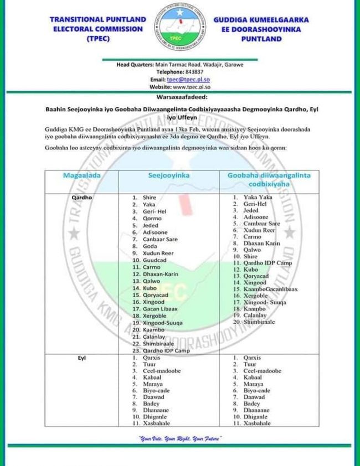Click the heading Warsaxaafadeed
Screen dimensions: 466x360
coord(180,95)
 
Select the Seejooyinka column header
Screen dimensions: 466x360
coord(169,175)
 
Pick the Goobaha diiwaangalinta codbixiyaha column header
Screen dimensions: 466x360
coord(269,179)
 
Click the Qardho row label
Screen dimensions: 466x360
coord(82,197)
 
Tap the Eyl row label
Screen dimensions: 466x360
coord(82,358)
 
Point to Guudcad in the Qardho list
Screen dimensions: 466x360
coord(154,260)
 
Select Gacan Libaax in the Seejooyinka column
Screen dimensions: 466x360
coord(160,309)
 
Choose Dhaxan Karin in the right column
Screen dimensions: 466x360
coord(261,243)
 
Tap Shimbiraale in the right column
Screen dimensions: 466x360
coord(259,322)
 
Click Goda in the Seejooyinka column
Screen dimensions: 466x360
coord(150,246)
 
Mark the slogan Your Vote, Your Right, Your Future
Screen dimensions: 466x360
coord(180,438)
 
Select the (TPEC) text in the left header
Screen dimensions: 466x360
coord(98,39)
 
